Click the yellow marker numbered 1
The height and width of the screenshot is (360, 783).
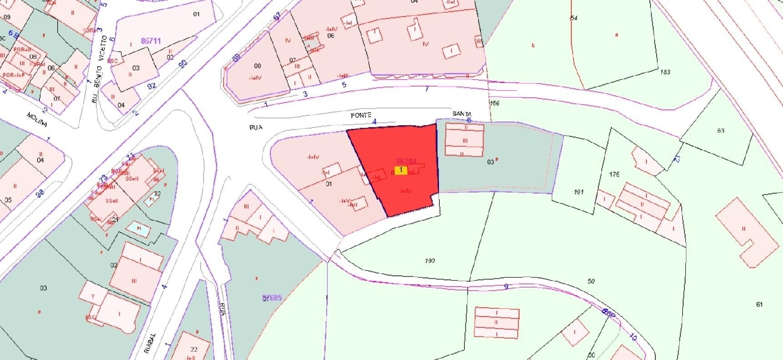pyautogui.click(x=400, y=170)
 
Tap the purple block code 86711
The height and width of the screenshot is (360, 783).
pyautogui.click(x=151, y=41)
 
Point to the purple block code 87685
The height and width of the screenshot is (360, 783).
pyautogui.click(x=272, y=298)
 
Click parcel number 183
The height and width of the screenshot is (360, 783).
pyautogui.click(x=665, y=72)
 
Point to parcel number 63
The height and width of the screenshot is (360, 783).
pyautogui.click(x=721, y=130)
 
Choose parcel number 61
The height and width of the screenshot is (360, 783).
pyautogui.click(x=759, y=304)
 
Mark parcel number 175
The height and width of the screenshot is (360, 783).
pyautogui.click(x=614, y=174)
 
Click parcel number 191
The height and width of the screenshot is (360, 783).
pyautogui.click(x=578, y=193)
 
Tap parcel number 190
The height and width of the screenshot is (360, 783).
pyautogui.click(x=430, y=261)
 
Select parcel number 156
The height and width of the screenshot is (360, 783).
pyautogui.click(x=495, y=103)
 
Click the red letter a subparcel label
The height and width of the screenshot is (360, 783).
pyautogui.click(x=616, y=35)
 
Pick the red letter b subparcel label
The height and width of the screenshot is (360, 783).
pyautogui.click(x=533, y=45)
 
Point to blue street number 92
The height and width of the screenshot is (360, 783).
pyautogui.click(x=152, y=86)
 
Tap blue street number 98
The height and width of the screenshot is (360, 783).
pyautogui.click(x=40, y=193)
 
